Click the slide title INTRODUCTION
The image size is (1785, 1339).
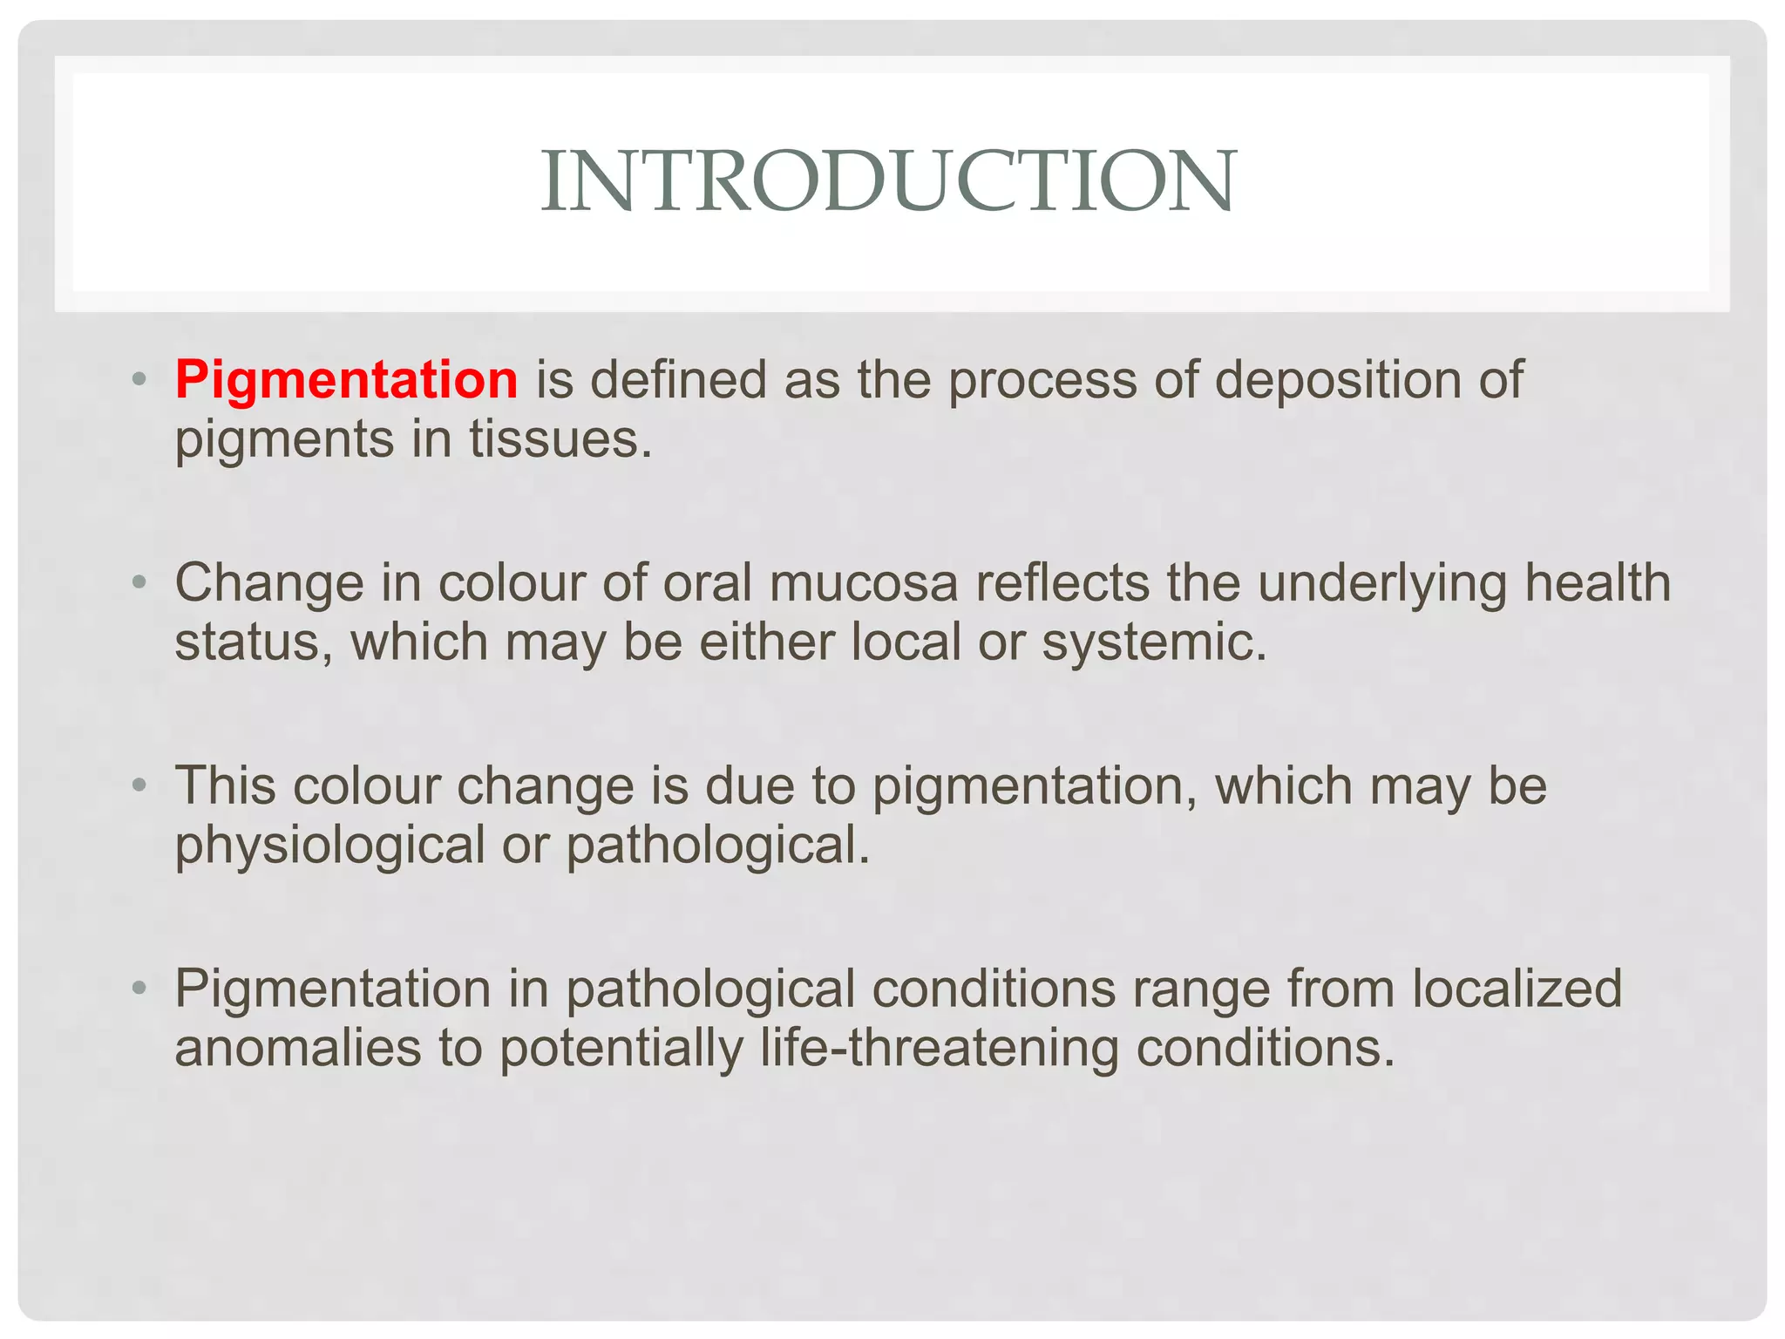(887, 180)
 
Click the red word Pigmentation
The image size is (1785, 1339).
(346, 380)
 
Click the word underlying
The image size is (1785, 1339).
(1382, 582)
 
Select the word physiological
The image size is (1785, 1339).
(329, 845)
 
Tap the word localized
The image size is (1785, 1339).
(1516, 989)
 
